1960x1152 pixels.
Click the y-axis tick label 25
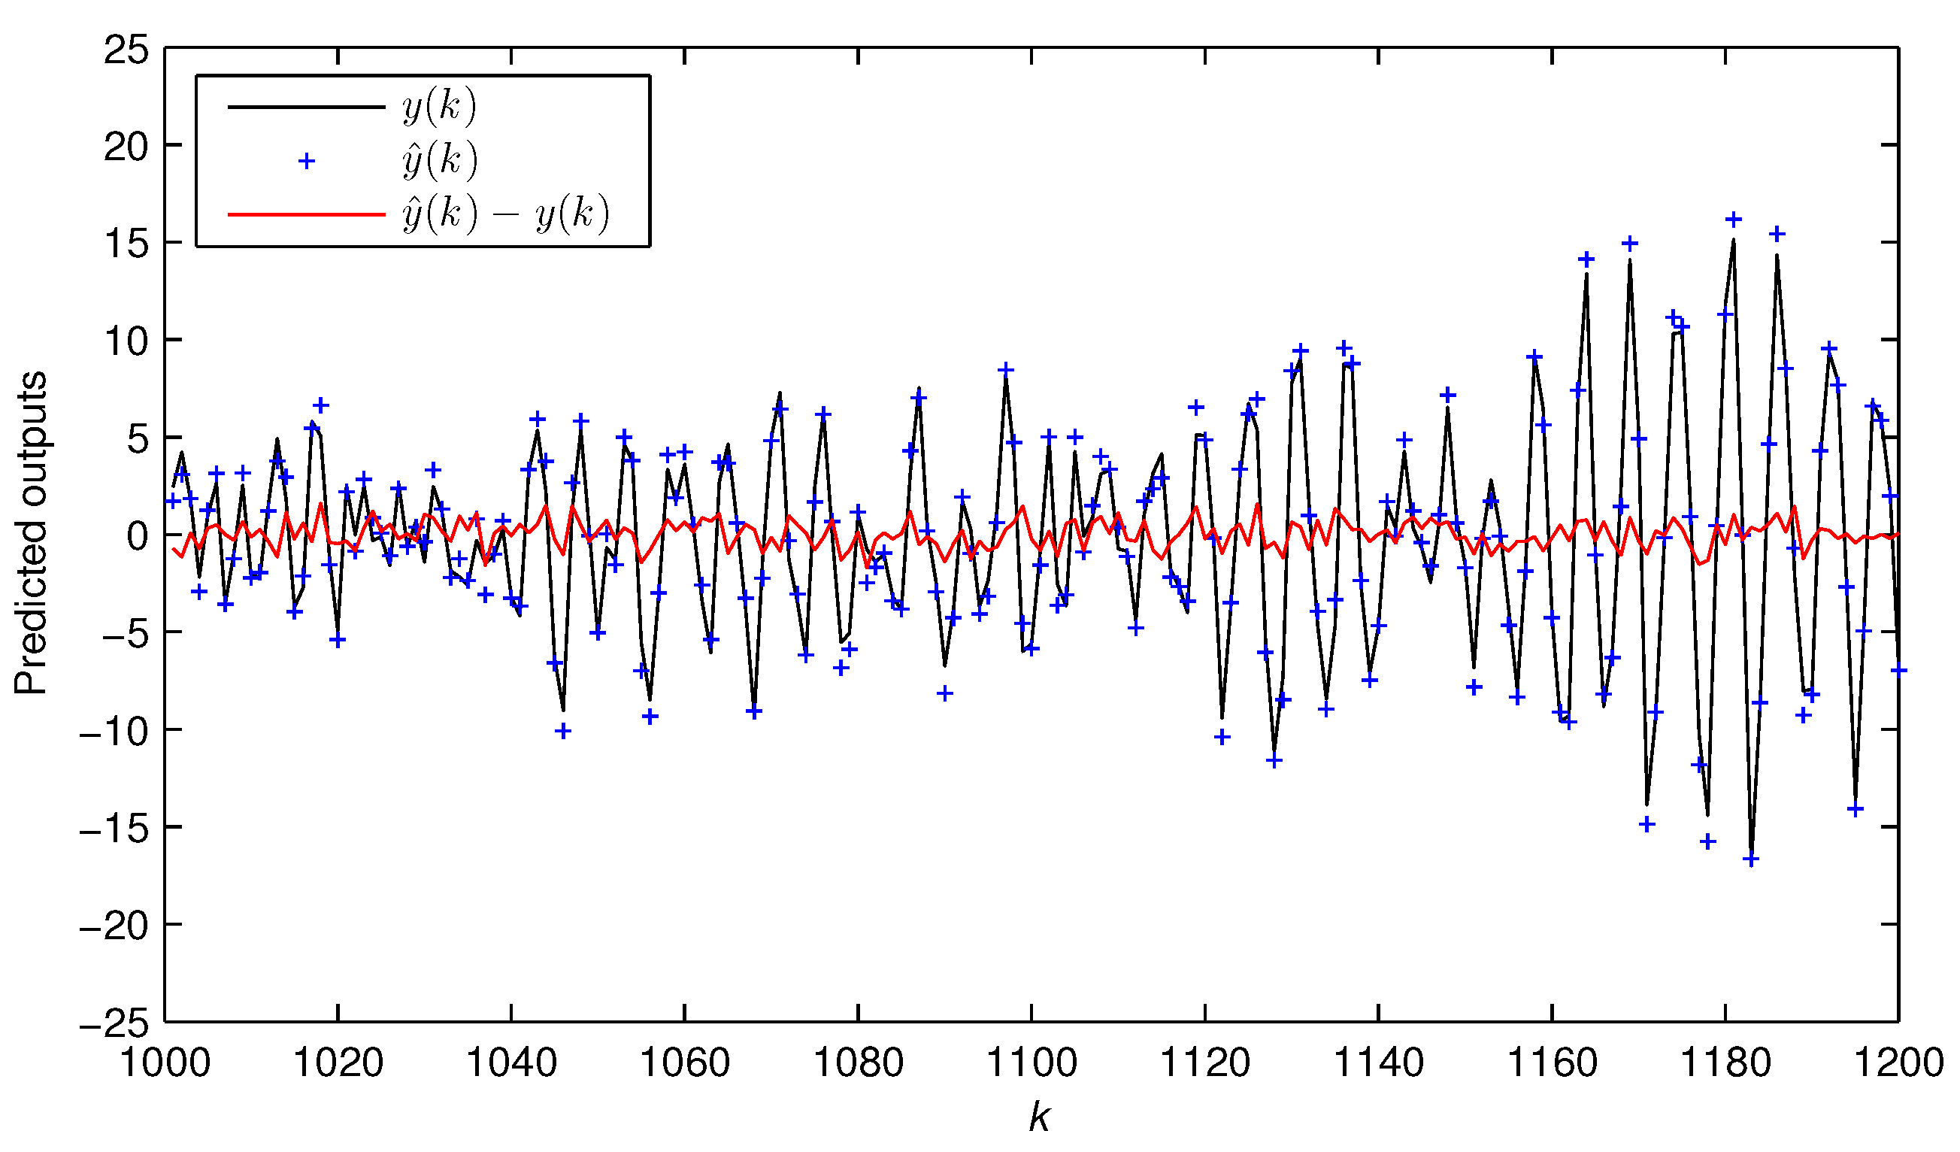tap(126, 50)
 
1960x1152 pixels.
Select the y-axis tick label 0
tap(138, 537)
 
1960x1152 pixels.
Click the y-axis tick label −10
tap(114, 732)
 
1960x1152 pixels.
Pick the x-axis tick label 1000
tap(165, 1063)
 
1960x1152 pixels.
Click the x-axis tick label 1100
tap(1032, 1063)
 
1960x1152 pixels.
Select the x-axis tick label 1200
tap(1898, 1063)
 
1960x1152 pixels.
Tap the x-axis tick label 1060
tap(684, 1063)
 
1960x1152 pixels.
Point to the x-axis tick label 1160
tap(1553, 1063)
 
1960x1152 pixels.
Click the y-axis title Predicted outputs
tap(31, 534)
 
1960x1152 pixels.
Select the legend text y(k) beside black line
tap(440, 107)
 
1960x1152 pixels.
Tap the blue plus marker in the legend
tap(307, 161)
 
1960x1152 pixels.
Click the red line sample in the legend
tap(307, 214)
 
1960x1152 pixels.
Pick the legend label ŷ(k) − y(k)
tap(505, 214)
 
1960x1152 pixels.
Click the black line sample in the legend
tap(307, 107)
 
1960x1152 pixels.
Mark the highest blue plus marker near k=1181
tap(1734, 220)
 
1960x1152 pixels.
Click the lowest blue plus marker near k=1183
tap(1751, 860)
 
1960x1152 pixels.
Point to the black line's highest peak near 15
tap(1734, 241)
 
